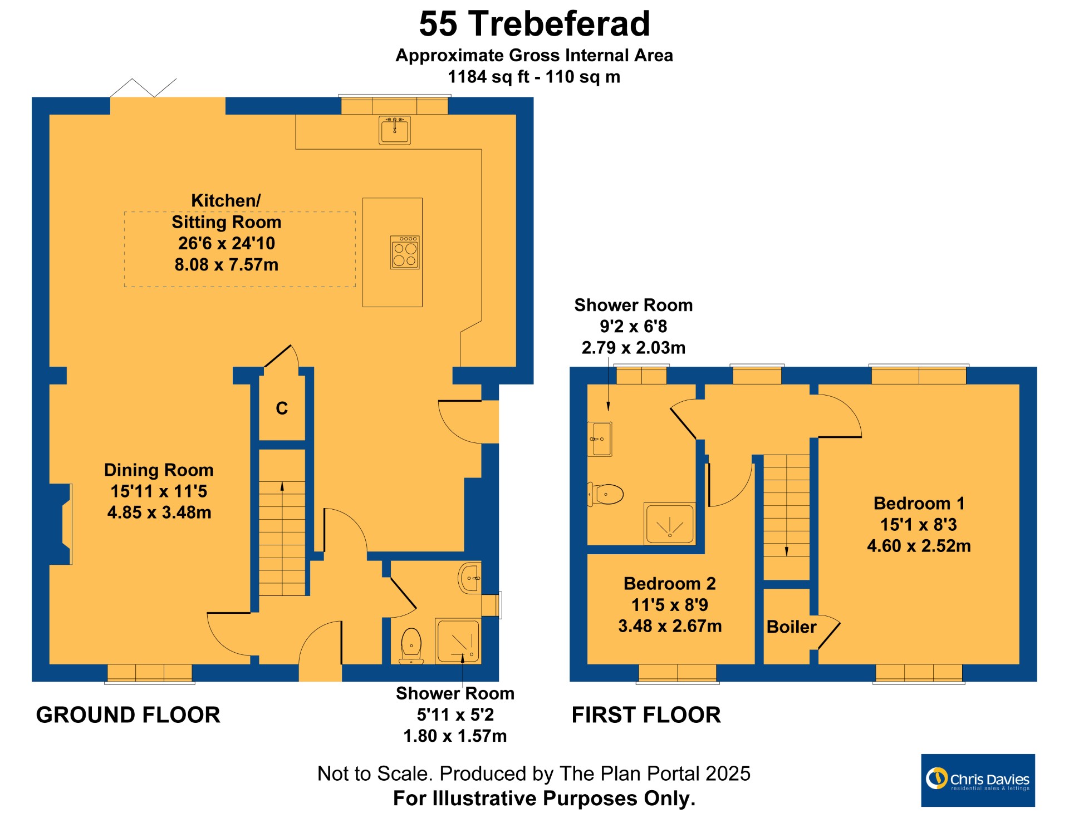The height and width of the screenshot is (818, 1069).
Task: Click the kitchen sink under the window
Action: (x=395, y=130)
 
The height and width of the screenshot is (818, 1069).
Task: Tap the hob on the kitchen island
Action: (x=405, y=253)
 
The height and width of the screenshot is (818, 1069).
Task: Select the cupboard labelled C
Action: (x=282, y=408)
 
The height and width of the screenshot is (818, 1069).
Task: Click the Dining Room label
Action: (x=159, y=470)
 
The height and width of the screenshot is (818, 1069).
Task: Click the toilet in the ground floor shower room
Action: (x=411, y=646)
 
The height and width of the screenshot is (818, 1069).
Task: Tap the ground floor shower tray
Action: (x=458, y=640)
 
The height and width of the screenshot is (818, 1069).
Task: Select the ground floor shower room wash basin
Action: (x=469, y=578)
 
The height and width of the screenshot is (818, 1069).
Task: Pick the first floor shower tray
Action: (x=670, y=524)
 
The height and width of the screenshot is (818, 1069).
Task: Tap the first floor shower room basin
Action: (x=600, y=439)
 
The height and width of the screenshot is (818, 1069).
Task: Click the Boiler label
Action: (x=791, y=627)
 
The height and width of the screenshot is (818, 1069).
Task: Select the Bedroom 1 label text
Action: (x=919, y=504)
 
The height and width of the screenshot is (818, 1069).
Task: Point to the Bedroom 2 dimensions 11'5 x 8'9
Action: (x=669, y=605)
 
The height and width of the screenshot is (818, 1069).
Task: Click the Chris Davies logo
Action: (x=978, y=780)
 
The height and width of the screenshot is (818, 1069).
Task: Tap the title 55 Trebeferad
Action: (x=534, y=24)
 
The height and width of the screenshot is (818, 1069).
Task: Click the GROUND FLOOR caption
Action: (x=128, y=715)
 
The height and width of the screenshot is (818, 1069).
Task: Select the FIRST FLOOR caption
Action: (x=646, y=715)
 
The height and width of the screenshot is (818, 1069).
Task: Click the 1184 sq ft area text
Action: (x=488, y=77)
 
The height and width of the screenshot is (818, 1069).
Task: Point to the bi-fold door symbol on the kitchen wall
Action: (x=143, y=88)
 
